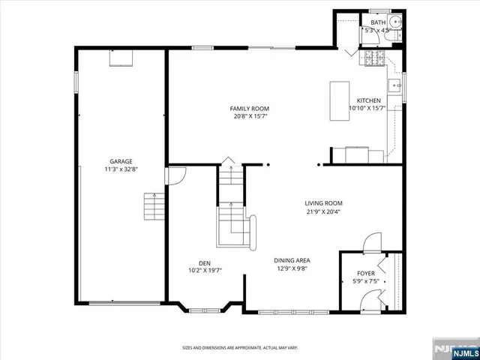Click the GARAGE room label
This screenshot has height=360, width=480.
coord(121,161)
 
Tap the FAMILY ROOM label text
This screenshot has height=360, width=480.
coord(249,109)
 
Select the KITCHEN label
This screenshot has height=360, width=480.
coord(368,100)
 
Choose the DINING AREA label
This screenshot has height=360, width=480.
coord(292,260)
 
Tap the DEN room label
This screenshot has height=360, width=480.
coord(204,262)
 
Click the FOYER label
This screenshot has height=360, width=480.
coord(365,274)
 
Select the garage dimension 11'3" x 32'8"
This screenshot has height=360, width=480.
coord(121,169)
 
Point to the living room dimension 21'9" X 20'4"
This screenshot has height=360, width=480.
coord(323,211)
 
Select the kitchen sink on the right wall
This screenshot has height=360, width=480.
coord(395,86)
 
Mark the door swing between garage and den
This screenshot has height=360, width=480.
coord(175,176)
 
